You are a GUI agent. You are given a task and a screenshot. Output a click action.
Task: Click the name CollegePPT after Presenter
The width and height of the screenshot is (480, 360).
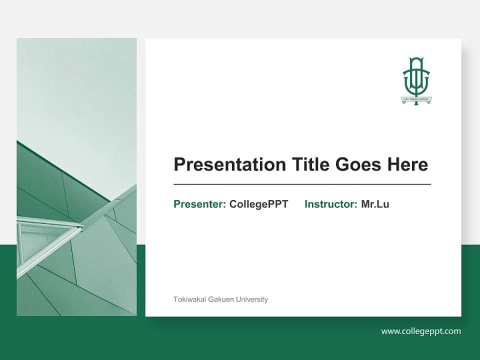(258, 204)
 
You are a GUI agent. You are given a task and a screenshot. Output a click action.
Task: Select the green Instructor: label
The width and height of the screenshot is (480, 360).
(331, 204)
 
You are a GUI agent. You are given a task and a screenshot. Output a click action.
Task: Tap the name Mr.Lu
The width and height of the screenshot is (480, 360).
(375, 204)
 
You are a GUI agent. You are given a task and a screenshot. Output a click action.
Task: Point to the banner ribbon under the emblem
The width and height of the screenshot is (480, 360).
(416, 99)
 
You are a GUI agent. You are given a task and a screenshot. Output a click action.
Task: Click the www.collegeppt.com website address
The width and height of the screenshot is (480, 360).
(421, 331)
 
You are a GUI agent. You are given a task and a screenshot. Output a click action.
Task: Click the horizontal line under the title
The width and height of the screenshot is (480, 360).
(302, 184)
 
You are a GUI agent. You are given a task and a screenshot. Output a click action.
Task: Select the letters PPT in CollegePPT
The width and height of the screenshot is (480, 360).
(278, 204)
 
